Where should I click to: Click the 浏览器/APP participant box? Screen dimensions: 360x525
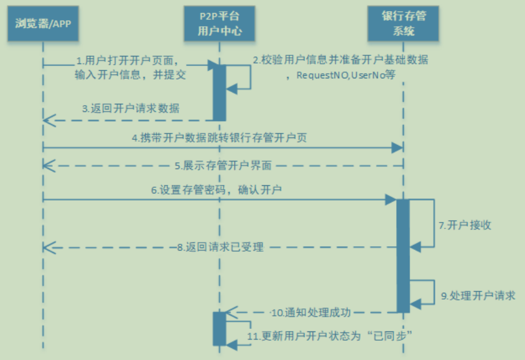pyautogui.click(x=42, y=24)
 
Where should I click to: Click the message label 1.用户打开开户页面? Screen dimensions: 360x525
pyautogui.click(x=128, y=61)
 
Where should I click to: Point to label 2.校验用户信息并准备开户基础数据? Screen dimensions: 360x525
pyautogui.click(x=340, y=60)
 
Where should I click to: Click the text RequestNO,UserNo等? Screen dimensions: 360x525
pyautogui.click(x=346, y=75)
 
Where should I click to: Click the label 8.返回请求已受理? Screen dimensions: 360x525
pyautogui.click(x=220, y=247)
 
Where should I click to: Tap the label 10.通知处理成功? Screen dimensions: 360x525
pyautogui.click(x=311, y=312)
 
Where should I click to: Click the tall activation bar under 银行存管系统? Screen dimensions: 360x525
pyautogui.click(x=403, y=255)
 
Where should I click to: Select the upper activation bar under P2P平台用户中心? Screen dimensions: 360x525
pyautogui.click(x=220, y=91)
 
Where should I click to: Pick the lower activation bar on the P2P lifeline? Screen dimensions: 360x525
pyautogui.click(x=220, y=328)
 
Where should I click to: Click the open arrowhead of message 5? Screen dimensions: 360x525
pyautogui.click(x=47, y=165)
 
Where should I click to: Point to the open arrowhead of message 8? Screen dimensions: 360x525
pyautogui.click(x=47, y=247)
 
